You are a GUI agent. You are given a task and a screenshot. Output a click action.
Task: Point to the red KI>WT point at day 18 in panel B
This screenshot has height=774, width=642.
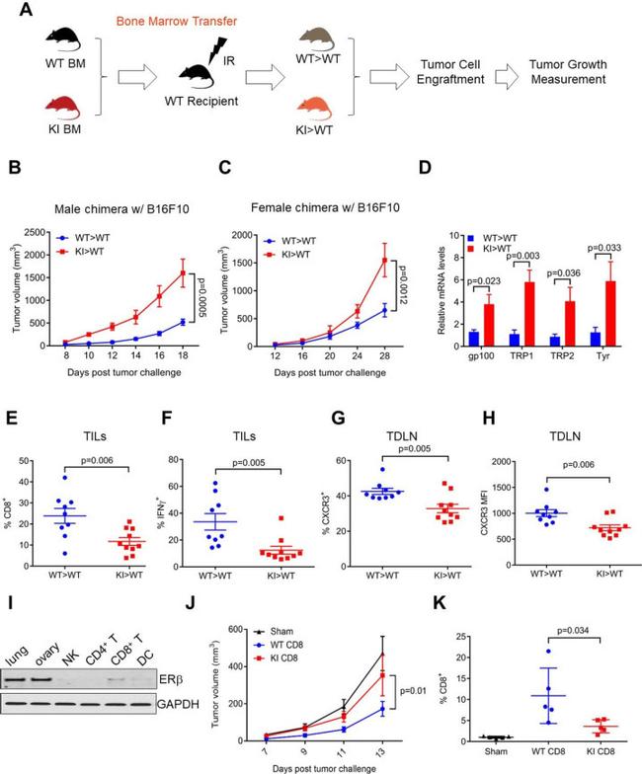click(x=181, y=273)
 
